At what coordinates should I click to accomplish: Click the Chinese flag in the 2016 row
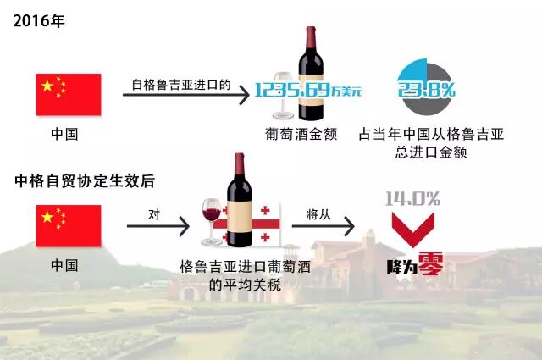click(68, 94)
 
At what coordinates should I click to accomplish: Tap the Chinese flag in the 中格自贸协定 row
click(68, 225)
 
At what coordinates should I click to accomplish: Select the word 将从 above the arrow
click(317, 215)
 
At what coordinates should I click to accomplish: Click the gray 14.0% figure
click(412, 199)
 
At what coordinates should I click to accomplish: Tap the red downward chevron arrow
click(413, 228)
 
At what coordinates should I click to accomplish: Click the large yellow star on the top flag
click(47, 85)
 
